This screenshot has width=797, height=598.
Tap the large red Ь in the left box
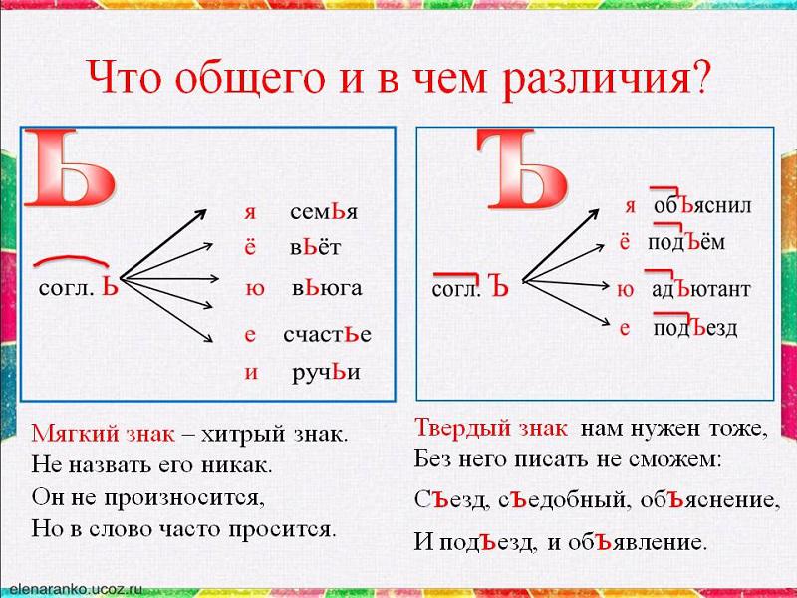[x=70, y=168]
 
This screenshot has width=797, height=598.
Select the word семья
[x=324, y=212]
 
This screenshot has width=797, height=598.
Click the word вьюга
[x=327, y=288]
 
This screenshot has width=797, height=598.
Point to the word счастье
[x=328, y=335]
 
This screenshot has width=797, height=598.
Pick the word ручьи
[x=327, y=373]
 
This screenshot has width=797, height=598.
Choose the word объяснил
[x=702, y=205]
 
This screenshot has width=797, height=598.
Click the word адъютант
[x=701, y=289]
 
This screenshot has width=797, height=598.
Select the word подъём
[x=686, y=241]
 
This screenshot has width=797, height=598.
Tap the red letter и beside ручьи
[x=251, y=373]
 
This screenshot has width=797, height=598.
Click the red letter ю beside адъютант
[x=626, y=290]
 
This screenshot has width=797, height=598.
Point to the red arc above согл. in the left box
[x=71, y=259]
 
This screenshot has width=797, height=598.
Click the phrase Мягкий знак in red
[x=103, y=434]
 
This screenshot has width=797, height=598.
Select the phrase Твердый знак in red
[x=491, y=428]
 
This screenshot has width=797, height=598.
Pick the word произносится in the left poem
[x=184, y=497]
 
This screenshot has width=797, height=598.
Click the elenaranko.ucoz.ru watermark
[x=77, y=589]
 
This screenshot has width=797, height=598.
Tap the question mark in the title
[x=700, y=77]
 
